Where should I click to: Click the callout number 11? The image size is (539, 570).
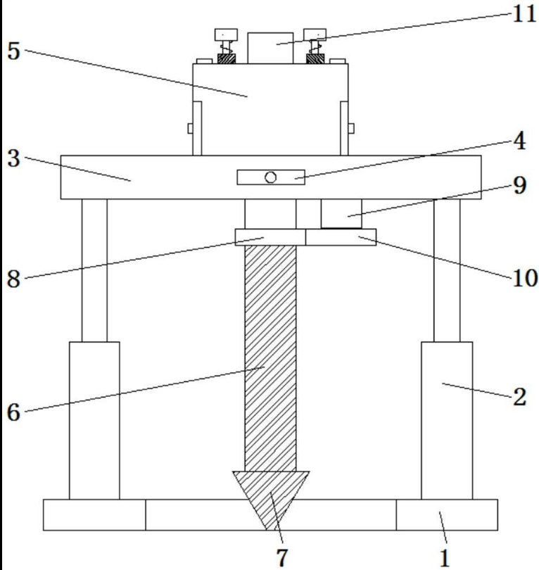[x=524, y=15]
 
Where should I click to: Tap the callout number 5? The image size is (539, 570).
[x=13, y=51]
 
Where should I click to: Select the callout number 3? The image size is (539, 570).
[x=13, y=158]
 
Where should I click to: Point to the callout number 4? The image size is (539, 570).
[x=519, y=141]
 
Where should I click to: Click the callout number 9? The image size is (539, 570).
[x=520, y=185]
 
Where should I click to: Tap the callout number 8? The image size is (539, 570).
[x=13, y=279]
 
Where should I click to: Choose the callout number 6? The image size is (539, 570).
[x=13, y=412]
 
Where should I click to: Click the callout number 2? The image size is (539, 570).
[x=520, y=397]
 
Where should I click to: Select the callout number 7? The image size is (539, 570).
[x=282, y=557]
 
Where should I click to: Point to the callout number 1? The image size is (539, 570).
[x=445, y=558]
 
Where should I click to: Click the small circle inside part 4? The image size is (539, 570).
[x=270, y=177]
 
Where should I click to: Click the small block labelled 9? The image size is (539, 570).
[x=341, y=214]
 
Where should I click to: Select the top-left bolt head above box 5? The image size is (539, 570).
[x=226, y=34]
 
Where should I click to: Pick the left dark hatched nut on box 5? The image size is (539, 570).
[x=227, y=58]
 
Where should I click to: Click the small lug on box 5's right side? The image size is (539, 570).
[x=351, y=128]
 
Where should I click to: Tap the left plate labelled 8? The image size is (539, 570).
[x=270, y=237]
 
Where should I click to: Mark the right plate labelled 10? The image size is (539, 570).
[x=341, y=237]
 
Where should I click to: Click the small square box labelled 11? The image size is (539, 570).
[x=270, y=48]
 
